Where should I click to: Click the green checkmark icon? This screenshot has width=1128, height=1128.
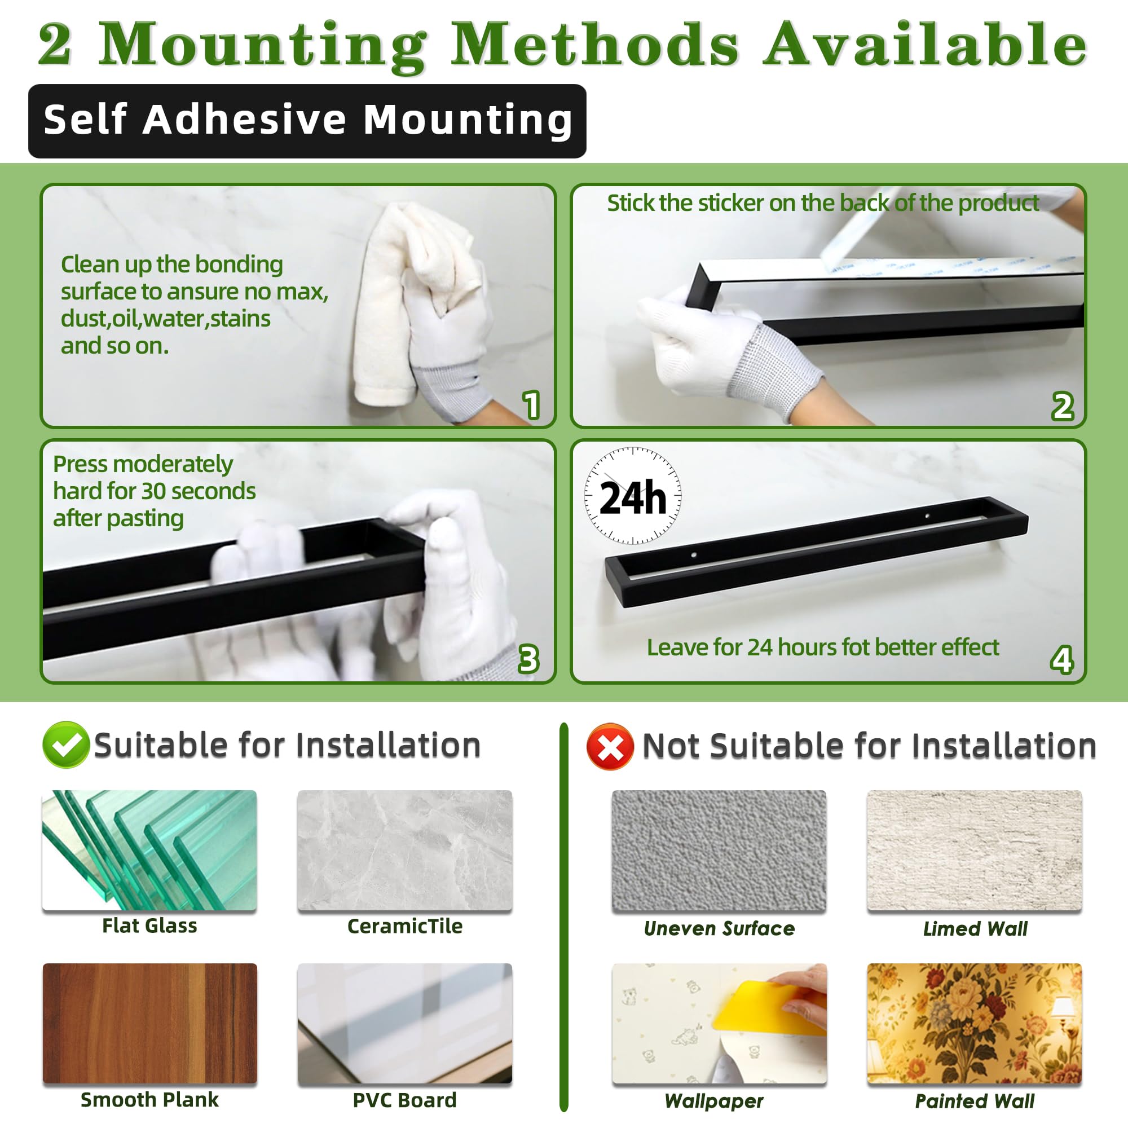65,744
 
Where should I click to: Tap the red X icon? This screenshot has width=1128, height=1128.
610,747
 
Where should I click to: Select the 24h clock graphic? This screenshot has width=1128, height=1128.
633,496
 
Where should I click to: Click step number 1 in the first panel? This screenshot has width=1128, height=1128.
531,405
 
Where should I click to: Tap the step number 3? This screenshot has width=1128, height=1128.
528,660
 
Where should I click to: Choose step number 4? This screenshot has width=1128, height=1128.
1061,660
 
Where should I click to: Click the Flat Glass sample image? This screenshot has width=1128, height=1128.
149,849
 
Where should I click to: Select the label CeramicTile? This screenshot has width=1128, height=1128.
404,926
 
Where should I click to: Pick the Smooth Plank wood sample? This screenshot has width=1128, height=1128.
149,1023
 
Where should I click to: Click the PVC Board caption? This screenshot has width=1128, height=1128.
404,1100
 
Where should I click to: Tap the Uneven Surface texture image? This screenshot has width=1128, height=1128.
719,849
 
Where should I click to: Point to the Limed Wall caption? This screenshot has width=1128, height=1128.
975,928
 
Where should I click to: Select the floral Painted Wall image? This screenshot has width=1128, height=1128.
975,1023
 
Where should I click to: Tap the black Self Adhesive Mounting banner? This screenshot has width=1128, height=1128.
307,121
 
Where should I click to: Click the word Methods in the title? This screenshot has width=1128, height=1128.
594,46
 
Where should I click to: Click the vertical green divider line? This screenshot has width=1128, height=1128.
563,916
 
